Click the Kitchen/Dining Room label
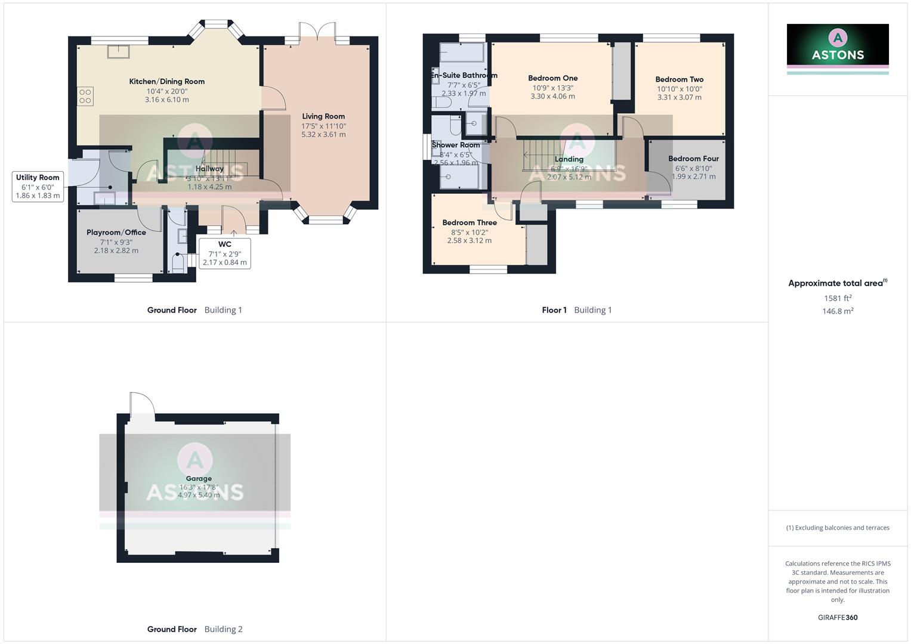pos(167,82)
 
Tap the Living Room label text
pos(323,117)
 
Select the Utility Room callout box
pos(38,186)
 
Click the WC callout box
pos(225,253)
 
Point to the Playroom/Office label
pos(116,233)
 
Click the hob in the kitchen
pos(85,96)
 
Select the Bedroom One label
pos(553,78)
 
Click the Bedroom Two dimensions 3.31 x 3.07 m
pos(680,97)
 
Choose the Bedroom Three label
pos(470,223)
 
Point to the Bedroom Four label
pos(693,159)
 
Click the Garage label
pos(199,478)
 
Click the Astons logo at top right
pos(838,45)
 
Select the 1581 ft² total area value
pos(838,298)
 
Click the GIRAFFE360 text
pos(838,618)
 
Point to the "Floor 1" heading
pos(554,310)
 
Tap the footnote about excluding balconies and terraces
pos(838,528)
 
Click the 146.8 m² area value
pos(838,311)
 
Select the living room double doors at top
pos(317,33)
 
